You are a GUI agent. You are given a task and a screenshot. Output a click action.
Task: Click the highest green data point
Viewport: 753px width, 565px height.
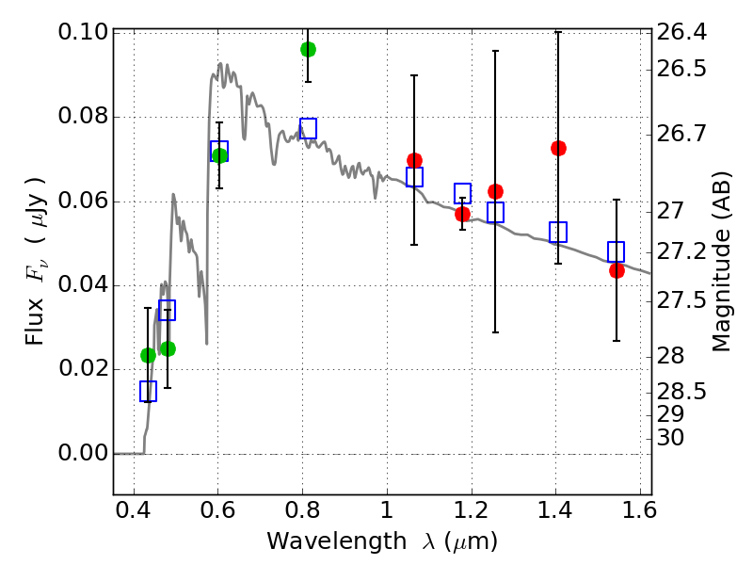coord(308,49)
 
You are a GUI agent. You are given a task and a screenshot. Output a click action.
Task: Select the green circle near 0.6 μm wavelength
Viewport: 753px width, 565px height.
coord(219,155)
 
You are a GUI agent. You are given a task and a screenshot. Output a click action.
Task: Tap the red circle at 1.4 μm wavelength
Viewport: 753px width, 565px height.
coord(558,148)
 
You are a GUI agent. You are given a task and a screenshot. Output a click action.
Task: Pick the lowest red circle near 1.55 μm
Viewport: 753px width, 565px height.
coord(617,270)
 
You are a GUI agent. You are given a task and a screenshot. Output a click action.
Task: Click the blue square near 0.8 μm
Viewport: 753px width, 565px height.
coord(308,128)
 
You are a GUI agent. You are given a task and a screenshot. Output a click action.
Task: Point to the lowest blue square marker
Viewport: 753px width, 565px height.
coord(148,391)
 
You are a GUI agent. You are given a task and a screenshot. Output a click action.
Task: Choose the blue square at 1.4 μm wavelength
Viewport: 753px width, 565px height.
coord(558,232)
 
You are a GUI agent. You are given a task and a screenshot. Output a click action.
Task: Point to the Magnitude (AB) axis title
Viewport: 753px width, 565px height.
coord(722,261)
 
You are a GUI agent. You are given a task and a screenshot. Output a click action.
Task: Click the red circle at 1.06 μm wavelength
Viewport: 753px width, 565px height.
coord(414,160)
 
